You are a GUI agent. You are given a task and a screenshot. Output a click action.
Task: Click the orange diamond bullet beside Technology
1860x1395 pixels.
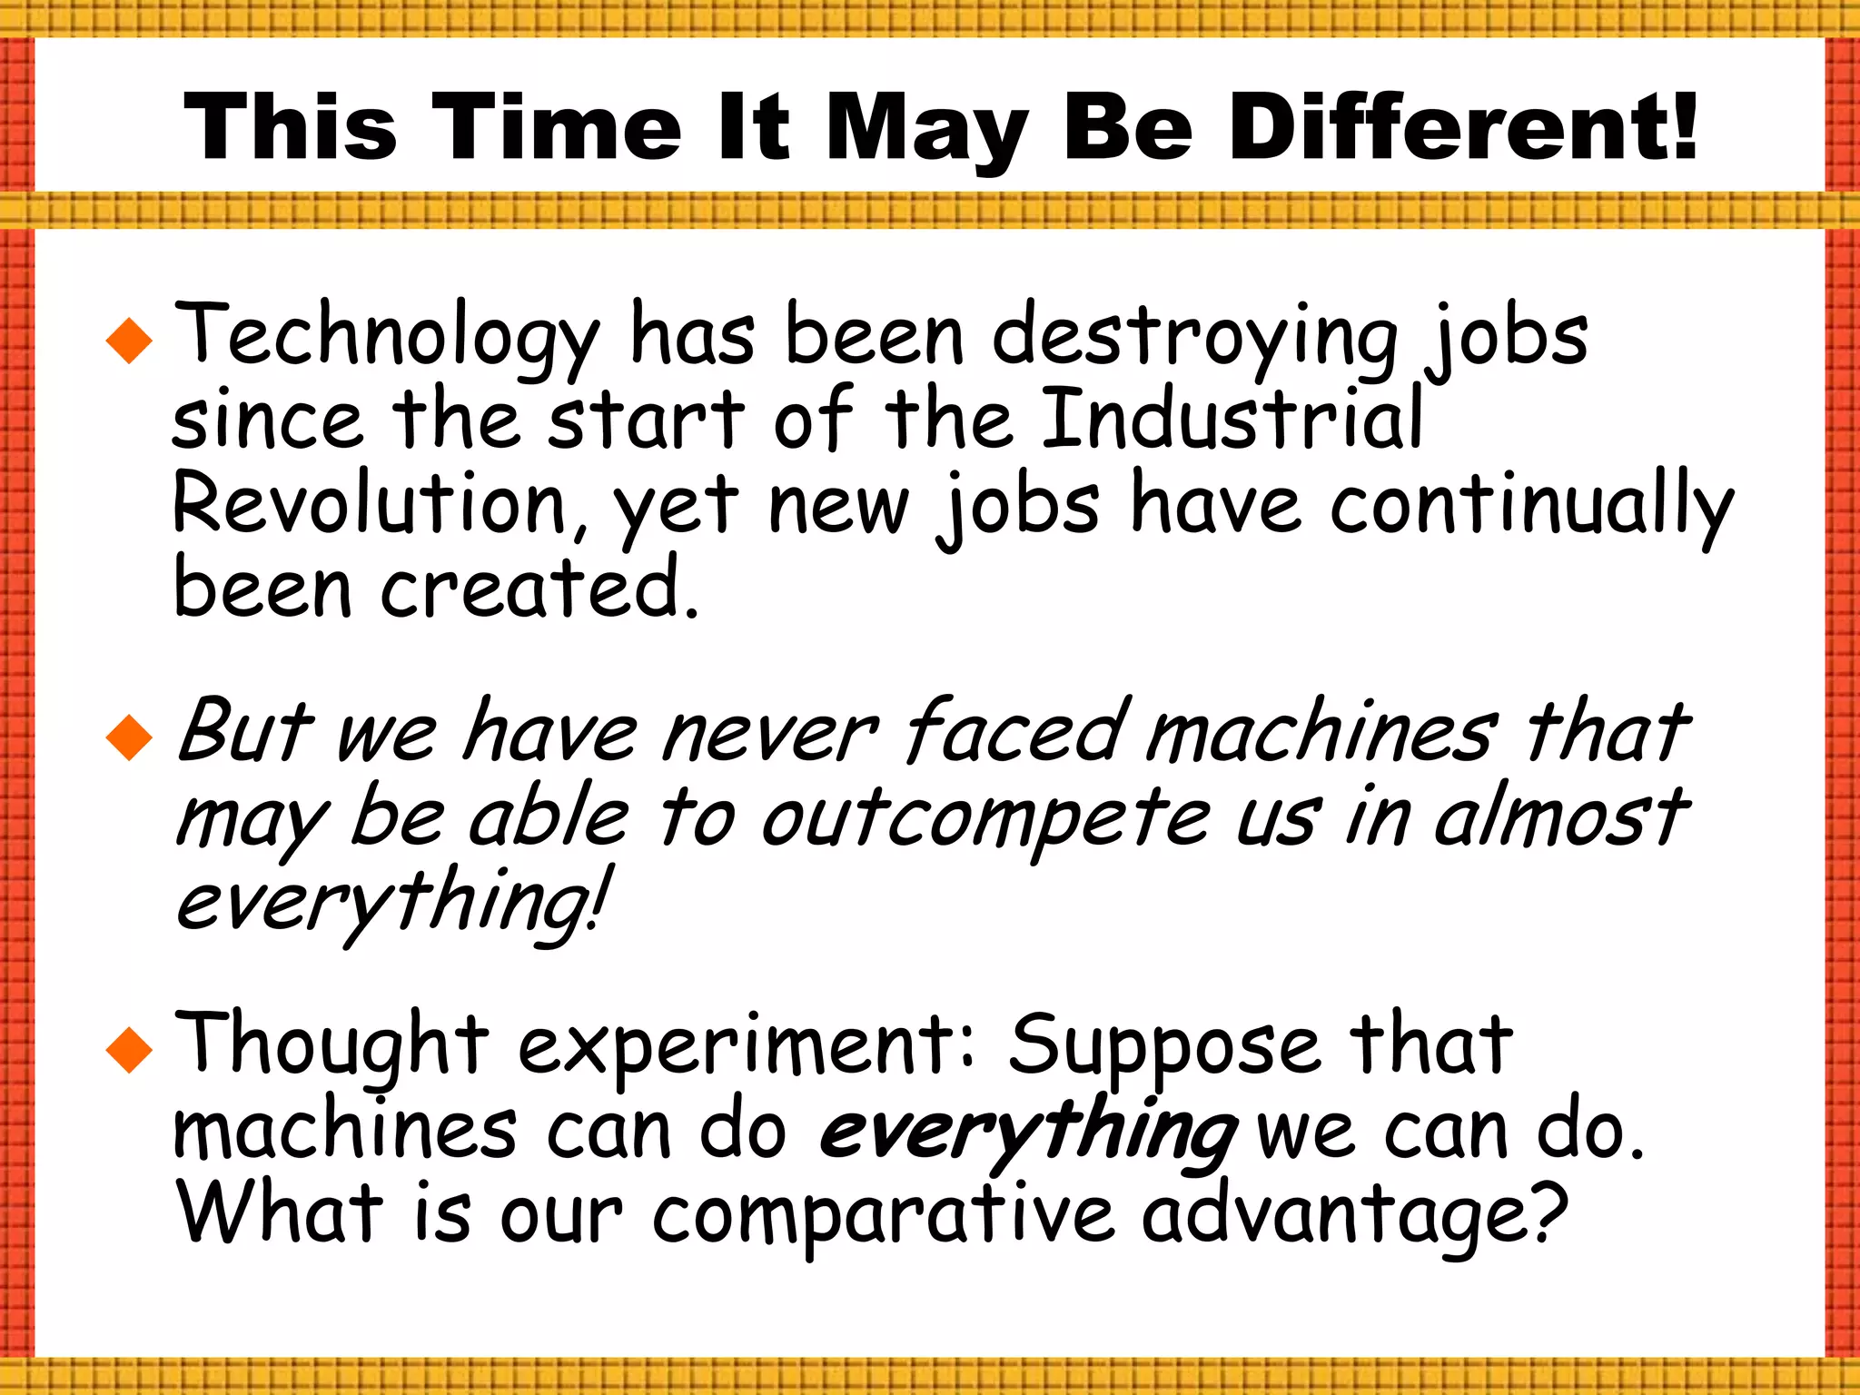[129, 341]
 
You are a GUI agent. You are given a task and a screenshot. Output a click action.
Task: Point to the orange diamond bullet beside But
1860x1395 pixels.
[129, 737]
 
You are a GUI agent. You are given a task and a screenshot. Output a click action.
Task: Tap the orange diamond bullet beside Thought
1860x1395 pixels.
[129, 1050]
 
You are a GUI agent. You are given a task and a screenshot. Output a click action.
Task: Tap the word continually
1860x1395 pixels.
[1531, 505]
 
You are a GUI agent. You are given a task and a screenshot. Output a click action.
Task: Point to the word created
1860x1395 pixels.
[538, 589]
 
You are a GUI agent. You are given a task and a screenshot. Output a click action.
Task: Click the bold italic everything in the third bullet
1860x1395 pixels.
[1026, 1132]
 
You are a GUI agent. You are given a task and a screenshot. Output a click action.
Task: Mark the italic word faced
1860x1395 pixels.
[1017, 732]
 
